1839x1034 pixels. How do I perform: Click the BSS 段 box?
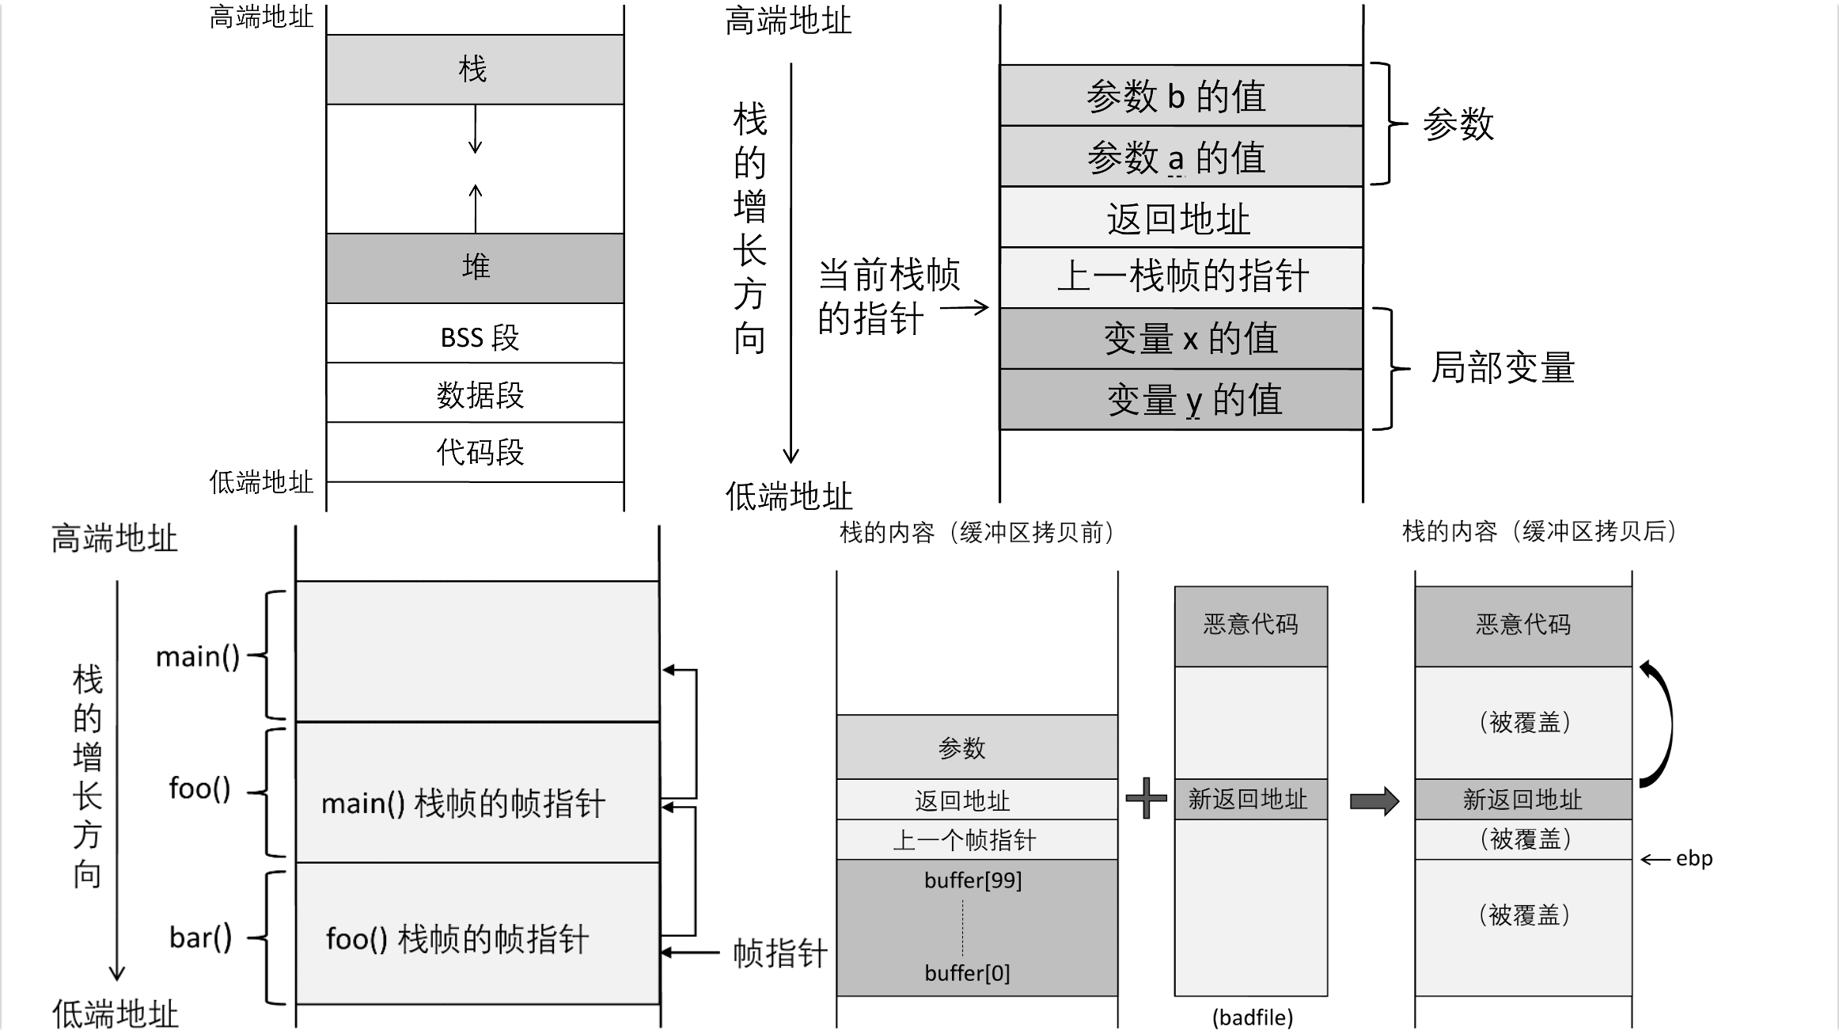tap(475, 335)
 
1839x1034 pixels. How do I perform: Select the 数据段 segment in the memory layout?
tap(475, 393)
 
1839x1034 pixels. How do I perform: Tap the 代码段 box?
tap(475, 452)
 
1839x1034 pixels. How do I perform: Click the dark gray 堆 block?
tap(475, 268)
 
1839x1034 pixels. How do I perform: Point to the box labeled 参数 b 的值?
tap(1181, 96)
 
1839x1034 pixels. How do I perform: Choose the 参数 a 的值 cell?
tap(1181, 157)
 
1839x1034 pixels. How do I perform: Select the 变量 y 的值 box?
tap(1181, 399)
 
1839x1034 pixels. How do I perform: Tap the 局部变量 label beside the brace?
tap(1503, 368)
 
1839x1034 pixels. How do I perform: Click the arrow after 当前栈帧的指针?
tap(965, 308)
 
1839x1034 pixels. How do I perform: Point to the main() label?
tap(197, 656)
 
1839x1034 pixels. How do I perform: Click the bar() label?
tap(200, 937)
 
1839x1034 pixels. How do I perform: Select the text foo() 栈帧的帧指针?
tap(457, 940)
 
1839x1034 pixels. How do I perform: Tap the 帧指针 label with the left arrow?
tap(779, 952)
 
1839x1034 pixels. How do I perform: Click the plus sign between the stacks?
tap(1146, 798)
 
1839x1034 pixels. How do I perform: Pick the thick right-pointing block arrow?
tap(1374, 800)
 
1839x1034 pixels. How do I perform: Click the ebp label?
tap(1693, 859)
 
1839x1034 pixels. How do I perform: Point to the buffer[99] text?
tap(973, 880)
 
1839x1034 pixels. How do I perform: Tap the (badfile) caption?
tap(1252, 1017)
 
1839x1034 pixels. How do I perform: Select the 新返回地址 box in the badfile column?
tap(1250, 800)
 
